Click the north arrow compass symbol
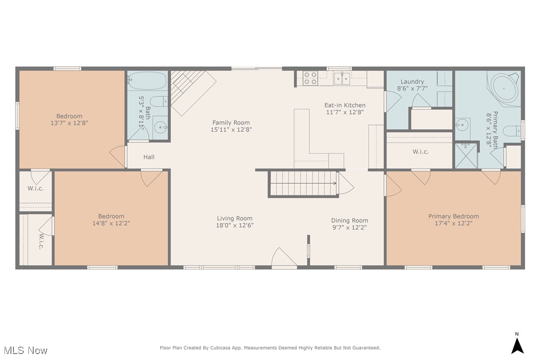pyautogui.click(x=517, y=346)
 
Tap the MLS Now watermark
pyautogui.click(x=25, y=351)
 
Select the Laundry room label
pyautogui.click(x=412, y=82)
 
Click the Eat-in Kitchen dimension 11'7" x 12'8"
pyautogui.click(x=345, y=112)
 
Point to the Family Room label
pyautogui.click(x=231, y=122)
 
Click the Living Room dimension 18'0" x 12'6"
pyautogui.click(x=235, y=225)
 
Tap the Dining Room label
pyautogui.click(x=350, y=220)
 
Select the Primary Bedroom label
pyautogui.click(x=453, y=216)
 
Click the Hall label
pyautogui.click(x=149, y=157)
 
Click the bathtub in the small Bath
pyautogui.click(x=147, y=81)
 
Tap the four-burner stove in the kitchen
pyautogui.click(x=310, y=78)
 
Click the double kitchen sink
pyautogui.click(x=342, y=79)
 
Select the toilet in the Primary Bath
pyautogui.click(x=512, y=131)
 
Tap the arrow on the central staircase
pyautogui.click(x=303, y=183)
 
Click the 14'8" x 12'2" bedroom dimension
pyautogui.click(x=111, y=223)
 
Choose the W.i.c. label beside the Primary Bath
pyautogui.click(x=421, y=152)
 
